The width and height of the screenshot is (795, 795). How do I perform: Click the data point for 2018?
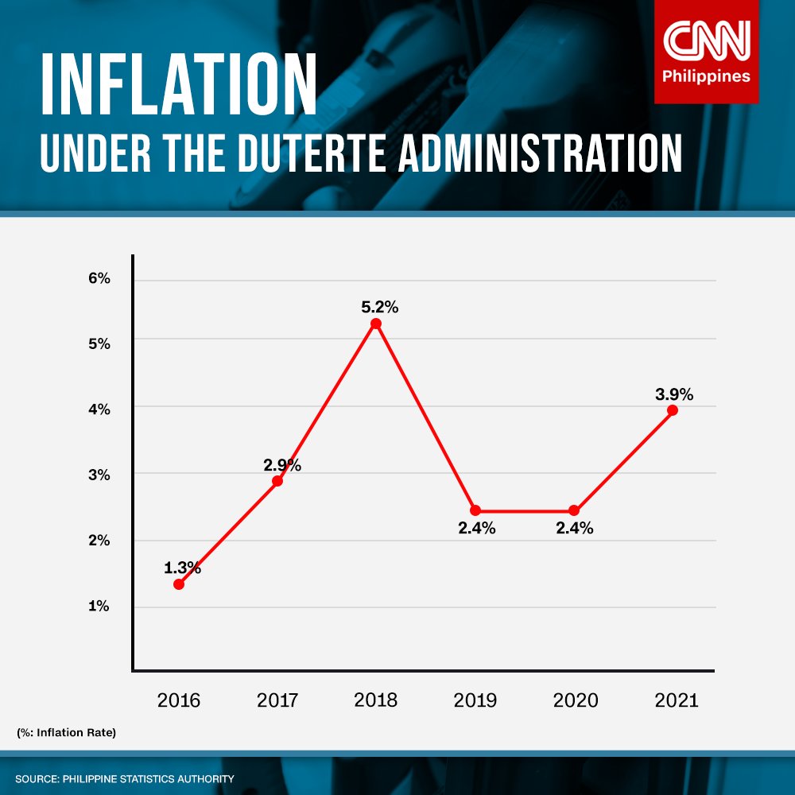point(376,324)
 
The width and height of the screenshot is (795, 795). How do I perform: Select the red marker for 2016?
point(179,584)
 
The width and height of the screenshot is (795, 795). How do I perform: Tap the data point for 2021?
point(673,410)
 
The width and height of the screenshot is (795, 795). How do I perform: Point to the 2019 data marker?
point(475,510)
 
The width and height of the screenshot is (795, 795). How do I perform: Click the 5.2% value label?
point(378,306)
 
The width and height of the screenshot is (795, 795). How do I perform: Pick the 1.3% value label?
point(182,568)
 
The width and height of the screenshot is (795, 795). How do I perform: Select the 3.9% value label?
point(674,394)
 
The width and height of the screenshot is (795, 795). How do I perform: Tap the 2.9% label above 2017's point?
point(282,465)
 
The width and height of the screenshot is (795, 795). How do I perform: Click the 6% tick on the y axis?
point(99,279)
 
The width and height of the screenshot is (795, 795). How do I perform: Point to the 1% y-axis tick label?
point(99,606)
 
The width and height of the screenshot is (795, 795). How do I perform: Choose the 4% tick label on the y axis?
point(99,409)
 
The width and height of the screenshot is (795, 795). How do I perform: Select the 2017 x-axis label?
point(277,700)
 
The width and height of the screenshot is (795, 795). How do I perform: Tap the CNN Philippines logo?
point(706,52)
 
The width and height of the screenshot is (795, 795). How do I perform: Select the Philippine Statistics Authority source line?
point(125,778)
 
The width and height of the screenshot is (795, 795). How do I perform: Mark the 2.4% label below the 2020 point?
point(575,528)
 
